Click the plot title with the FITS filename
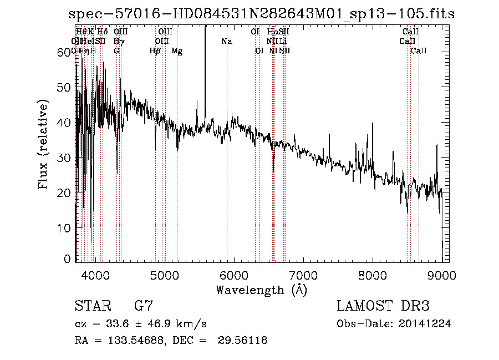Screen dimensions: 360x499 261,14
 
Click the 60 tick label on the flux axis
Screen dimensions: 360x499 65,52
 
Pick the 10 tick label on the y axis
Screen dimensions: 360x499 65,227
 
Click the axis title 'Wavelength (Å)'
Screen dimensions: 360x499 261,290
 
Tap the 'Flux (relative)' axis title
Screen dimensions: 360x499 43,144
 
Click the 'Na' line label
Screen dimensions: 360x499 226,42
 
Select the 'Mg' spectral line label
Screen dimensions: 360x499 177,51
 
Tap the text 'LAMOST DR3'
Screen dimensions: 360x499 383,306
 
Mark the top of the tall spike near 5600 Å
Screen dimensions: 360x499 205,28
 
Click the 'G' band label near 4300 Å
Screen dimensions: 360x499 116,51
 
